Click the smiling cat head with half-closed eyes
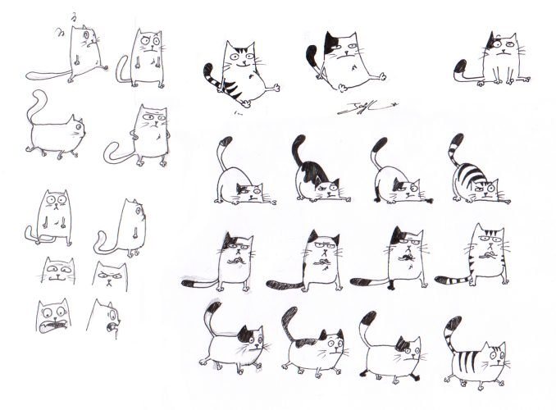pyautogui.click(x=57, y=271)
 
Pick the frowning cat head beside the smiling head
pyautogui.click(x=110, y=275)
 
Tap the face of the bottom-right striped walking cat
pyautogui.click(x=492, y=357)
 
